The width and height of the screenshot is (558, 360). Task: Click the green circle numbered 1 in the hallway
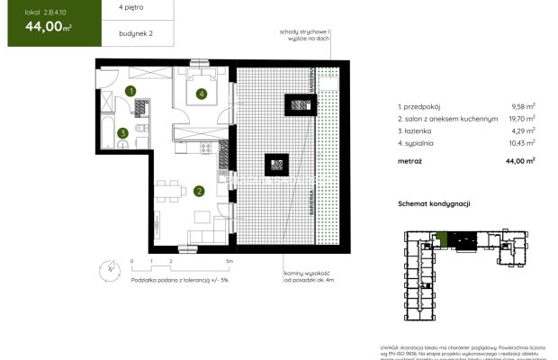click(130, 91)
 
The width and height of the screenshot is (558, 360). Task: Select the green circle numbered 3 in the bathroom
click(122, 134)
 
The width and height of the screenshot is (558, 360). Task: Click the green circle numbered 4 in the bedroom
click(202, 93)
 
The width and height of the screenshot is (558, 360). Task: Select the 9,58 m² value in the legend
click(522, 105)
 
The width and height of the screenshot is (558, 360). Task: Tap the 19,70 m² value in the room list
click(522, 118)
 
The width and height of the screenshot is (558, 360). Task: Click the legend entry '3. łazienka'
click(418, 130)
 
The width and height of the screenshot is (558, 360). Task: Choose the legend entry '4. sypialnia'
click(419, 143)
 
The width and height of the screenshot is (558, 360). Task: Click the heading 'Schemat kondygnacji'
click(435, 204)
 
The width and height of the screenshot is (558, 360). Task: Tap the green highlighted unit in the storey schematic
click(441, 239)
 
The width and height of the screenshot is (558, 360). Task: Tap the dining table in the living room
click(167, 191)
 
